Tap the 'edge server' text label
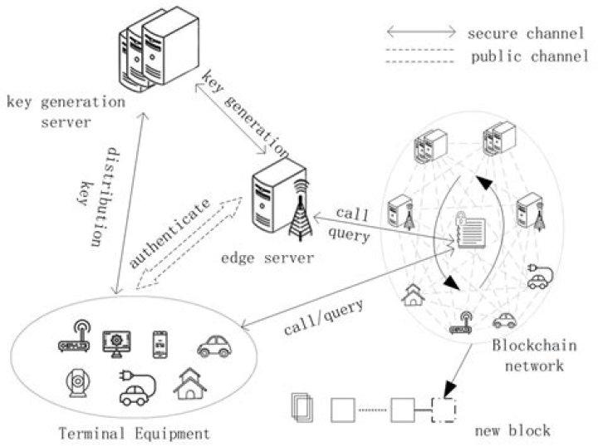tap(268, 258)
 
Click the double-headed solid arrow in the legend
tap(420, 32)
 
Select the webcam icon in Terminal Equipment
tap(77, 385)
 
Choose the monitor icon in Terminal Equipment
tap(115, 342)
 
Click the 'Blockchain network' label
tap(528, 355)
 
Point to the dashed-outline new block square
tap(445, 409)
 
